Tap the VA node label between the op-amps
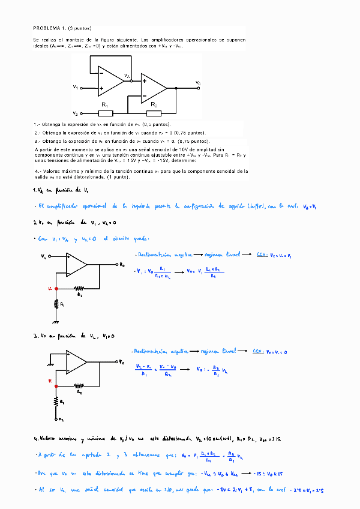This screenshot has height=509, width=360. tap(127, 76)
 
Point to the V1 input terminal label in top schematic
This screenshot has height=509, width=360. tap(76, 87)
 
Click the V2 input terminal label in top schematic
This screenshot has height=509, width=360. tap(76, 113)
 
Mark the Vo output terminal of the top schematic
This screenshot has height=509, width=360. tap(198, 82)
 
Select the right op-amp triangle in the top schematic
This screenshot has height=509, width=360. tap(154, 87)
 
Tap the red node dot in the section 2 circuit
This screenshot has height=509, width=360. tap(56, 288)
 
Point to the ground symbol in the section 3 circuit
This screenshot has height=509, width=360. tap(51, 363)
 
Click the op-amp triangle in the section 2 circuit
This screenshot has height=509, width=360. tap(76, 264)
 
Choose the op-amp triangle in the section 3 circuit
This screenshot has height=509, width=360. tap(76, 362)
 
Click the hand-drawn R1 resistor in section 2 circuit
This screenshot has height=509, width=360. tap(56, 304)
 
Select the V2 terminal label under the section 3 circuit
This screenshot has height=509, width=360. tap(61, 420)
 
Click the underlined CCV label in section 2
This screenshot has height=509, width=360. tap(261, 255)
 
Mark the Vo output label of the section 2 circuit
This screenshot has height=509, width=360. tap(122, 264)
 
